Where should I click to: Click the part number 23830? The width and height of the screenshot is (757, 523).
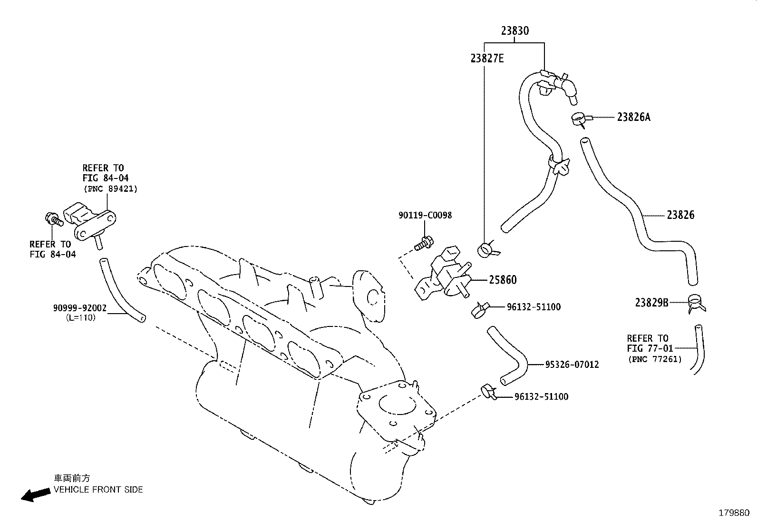pyautogui.click(x=514, y=31)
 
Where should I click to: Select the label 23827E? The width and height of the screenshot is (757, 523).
pyautogui.click(x=487, y=59)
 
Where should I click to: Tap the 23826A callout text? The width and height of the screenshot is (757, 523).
pyautogui.click(x=634, y=117)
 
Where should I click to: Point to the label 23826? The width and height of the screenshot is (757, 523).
pyautogui.click(x=680, y=215)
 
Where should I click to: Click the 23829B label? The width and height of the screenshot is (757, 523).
pyautogui.click(x=652, y=303)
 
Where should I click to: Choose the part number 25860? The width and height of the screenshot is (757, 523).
pyautogui.click(x=503, y=280)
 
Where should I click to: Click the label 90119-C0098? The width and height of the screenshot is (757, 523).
pyautogui.click(x=425, y=215)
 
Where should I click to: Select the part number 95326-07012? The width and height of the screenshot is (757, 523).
pyautogui.click(x=572, y=365)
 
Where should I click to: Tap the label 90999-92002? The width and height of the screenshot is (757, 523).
pyautogui.click(x=80, y=308)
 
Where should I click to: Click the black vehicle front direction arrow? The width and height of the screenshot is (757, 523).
pyautogui.click(x=36, y=495)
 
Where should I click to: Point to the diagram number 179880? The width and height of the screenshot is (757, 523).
pyautogui.click(x=734, y=513)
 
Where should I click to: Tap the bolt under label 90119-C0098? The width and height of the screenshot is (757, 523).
pyautogui.click(x=424, y=244)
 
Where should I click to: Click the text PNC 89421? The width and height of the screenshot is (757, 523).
pyautogui.click(x=110, y=189)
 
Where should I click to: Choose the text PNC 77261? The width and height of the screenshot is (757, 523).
pyautogui.click(x=655, y=359)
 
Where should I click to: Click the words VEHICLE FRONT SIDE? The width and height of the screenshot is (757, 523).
pyautogui.click(x=98, y=490)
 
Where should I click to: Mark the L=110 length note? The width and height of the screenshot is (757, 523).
pyautogui.click(x=81, y=318)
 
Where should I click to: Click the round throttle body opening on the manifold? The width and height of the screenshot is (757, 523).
pyautogui.click(x=397, y=404)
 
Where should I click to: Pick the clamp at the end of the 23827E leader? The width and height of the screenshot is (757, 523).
pyautogui.click(x=486, y=250)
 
